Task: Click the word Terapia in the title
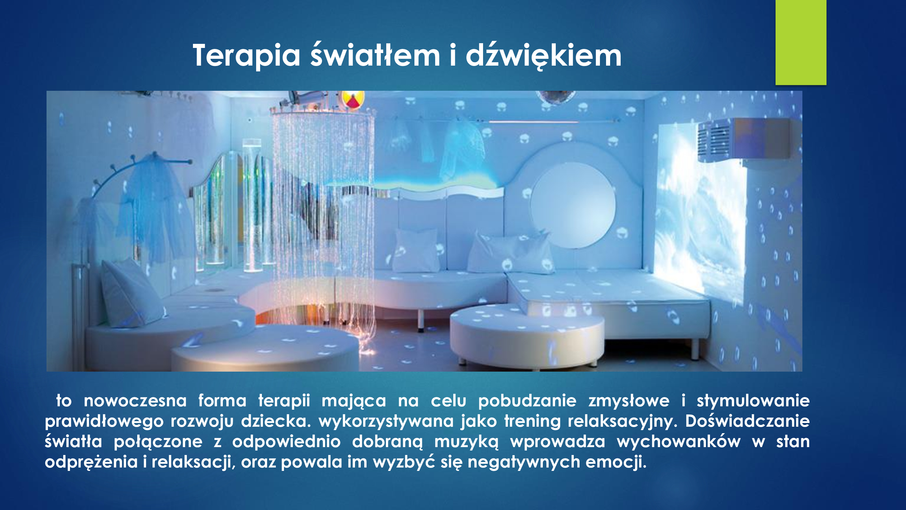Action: tap(247, 55)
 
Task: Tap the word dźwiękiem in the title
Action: tap(544, 55)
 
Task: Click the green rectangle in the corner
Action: tap(801, 42)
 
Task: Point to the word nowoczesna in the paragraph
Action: tap(135, 401)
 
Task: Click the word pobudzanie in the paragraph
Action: tap(527, 401)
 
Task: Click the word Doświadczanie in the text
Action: tap(747, 421)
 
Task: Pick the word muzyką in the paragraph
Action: tap(466, 442)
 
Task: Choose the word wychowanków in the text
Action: tap(678, 442)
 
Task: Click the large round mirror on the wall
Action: tap(573, 205)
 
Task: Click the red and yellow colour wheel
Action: tap(351, 99)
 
